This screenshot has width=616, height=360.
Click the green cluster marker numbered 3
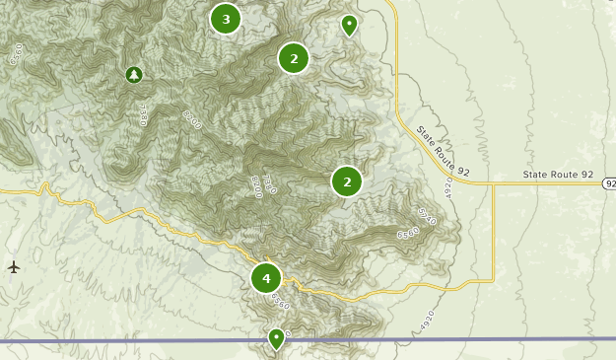pyautogui.click(x=226, y=19)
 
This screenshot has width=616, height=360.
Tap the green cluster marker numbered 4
pyautogui.click(x=266, y=278)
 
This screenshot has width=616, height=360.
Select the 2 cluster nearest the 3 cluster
pyautogui.click(x=294, y=58)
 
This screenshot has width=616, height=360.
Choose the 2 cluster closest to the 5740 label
pyautogui.click(x=347, y=181)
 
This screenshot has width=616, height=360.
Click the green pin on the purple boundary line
pyautogui.click(x=277, y=338)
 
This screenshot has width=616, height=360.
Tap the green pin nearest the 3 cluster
pyautogui.click(x=349, y=25)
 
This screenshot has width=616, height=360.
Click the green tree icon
pyautogui.click(x=134, y=74)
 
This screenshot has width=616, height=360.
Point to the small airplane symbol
pyautogui.click(x=14, y=266)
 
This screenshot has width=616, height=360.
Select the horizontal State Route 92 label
pyautogui.click(x=559, y=175)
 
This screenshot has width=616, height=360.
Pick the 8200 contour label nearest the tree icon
pyautogui.click(x=192, y=120)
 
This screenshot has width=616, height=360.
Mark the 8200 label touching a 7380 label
pyautogui.click(x=257, y=185)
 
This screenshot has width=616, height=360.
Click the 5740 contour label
pyautogui.click(x=426, y=215)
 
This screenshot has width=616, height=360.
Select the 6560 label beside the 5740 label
pyautogui.click(x=408, y=235)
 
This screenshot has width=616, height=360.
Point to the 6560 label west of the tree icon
pyautogui.click(x=15, y=54)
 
